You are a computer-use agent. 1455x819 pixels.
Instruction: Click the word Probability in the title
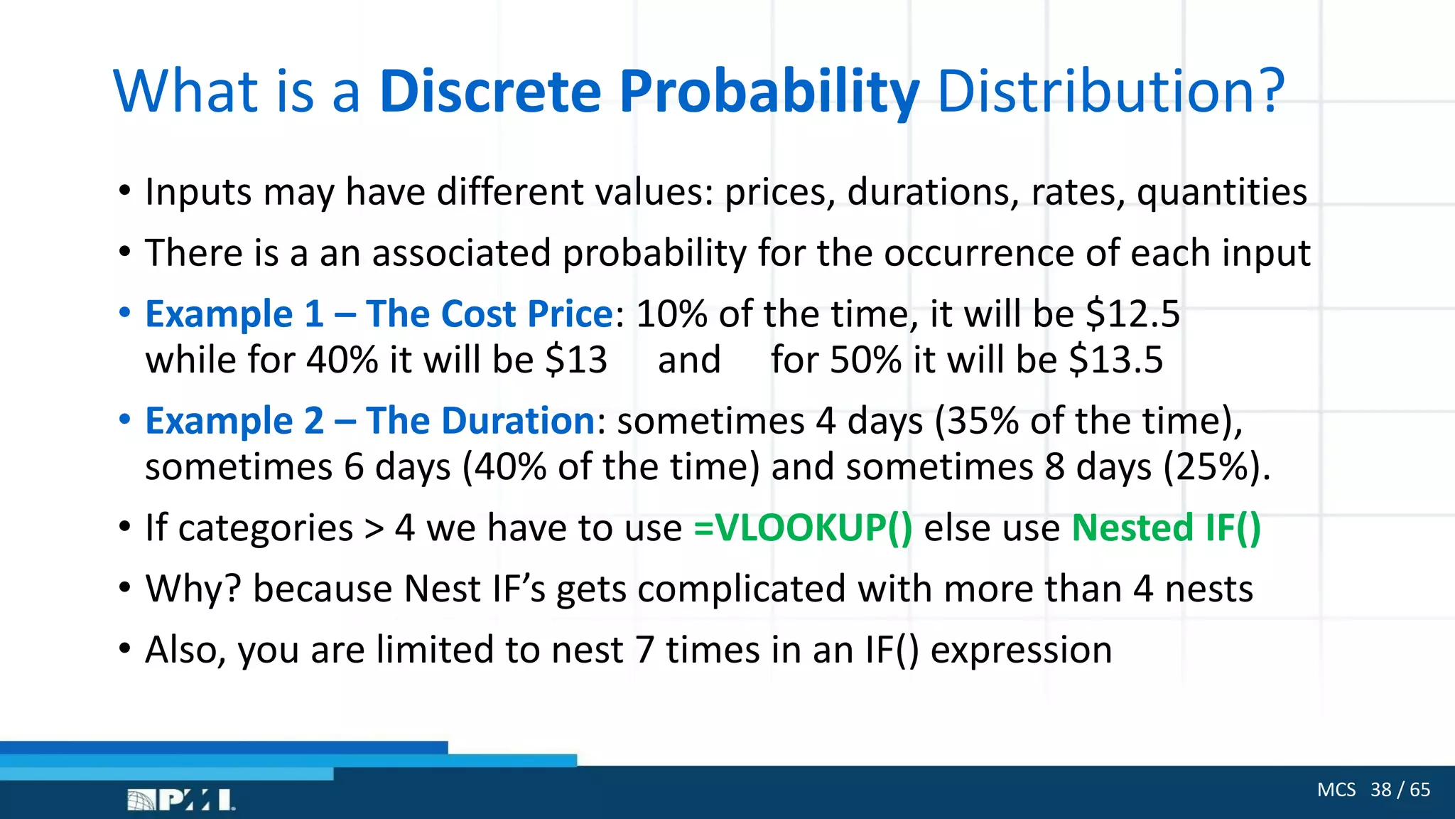click(769, 92)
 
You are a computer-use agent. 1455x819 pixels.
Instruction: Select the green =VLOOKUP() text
click(803, 528)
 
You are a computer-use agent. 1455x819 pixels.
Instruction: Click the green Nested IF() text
click(1166, 528)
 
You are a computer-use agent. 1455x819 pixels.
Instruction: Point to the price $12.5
click(1132, 314)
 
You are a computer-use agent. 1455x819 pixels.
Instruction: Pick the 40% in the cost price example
click(342, 360)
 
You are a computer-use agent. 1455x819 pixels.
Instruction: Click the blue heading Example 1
click(234, 314)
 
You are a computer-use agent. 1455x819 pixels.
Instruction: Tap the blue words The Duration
click(480, 421)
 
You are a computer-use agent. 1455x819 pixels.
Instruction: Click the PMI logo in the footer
click(181, 801)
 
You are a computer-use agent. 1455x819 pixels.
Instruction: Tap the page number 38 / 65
click(1400, 790)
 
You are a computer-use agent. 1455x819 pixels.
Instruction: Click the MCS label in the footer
click(1336, 790)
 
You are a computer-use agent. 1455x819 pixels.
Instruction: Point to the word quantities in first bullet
click(1221, 193)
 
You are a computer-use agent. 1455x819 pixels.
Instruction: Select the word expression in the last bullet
click(1021, 651)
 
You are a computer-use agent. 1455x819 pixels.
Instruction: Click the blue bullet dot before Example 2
click(125, 419)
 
